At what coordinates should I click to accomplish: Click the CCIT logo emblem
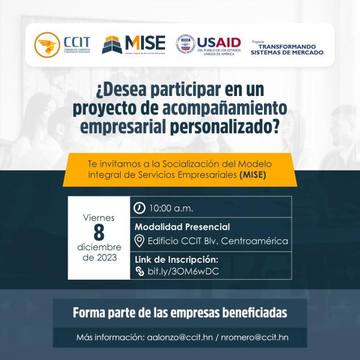[47, 44]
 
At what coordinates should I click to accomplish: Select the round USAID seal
[185, 44]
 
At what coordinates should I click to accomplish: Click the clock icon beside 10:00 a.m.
[140, 208]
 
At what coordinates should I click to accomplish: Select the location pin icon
[139, 241]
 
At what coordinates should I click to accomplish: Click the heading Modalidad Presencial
[182, 227]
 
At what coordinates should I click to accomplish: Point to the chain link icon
[140, 271]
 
